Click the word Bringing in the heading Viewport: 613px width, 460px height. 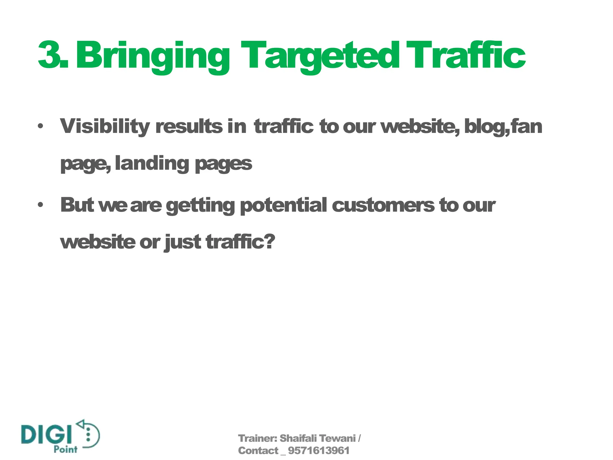click(x=153, y=57)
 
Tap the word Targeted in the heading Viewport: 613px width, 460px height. click(x=320, y=57)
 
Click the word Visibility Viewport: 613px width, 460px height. click(x=105, y=126)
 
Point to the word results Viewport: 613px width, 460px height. click(x=189, y=126)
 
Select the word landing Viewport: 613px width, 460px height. click(x=152, y=164)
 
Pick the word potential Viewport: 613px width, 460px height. click(x=283, y=206)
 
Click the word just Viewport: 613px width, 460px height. click(x=183, y=242)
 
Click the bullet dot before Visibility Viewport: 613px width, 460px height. click(x=40, y=126)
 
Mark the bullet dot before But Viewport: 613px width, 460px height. click(x=40, y=205)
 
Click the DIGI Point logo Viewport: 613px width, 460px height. click(x=60, y=437)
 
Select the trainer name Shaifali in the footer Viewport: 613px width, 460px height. click(x=298, y=438)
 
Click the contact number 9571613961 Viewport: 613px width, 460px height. click(x=318, y=451)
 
